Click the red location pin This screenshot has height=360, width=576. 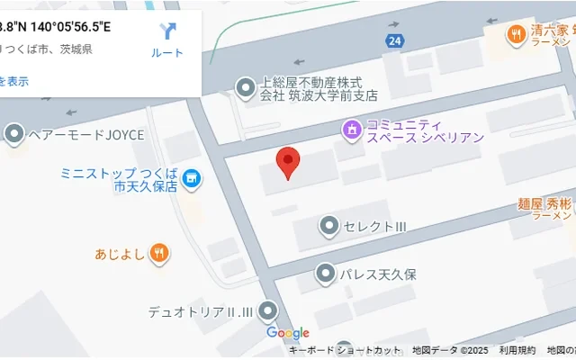[x=287, y=162]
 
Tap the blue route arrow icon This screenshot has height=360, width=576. [x=167, y=31]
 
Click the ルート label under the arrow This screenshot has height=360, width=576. [x=167, y=53]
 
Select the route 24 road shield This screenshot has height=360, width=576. [x=394, y=40]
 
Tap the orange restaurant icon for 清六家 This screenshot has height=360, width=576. [x=516, y=35]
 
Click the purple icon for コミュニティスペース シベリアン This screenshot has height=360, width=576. [x=351, y=130]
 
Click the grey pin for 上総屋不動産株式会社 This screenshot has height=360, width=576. [x=245, y=87]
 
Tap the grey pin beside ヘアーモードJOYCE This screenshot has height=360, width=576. [x=14, y=135]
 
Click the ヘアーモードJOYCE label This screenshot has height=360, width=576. [x=85, y=135]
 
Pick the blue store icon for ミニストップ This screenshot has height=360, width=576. [x=191, y=179]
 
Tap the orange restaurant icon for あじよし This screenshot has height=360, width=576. [x=158, y=253]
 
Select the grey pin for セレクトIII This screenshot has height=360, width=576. [x=329, y=225]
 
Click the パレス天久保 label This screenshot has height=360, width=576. [x=377, y=274]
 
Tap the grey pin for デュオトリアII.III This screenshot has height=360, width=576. [x=267, y=311]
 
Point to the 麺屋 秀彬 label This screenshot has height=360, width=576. [x=545, y=204]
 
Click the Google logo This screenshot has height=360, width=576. [x=288, y=333]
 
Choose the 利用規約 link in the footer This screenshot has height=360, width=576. [x=517, y=351]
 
